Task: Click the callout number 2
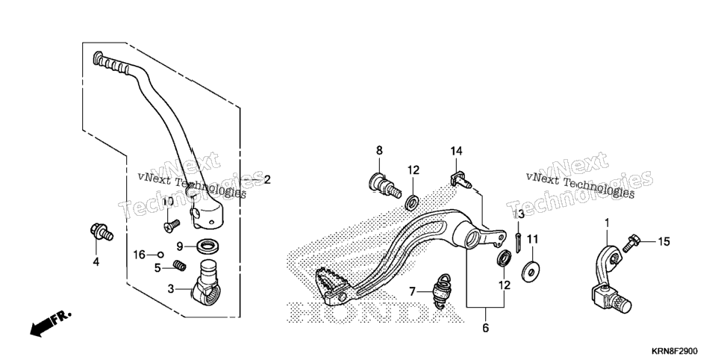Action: point(266,179)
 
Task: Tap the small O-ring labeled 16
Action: point(160,254)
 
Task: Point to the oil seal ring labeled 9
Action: point(207,245)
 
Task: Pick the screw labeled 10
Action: point(171,225)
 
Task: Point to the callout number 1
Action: point(607,223)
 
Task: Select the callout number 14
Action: point(456,151)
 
